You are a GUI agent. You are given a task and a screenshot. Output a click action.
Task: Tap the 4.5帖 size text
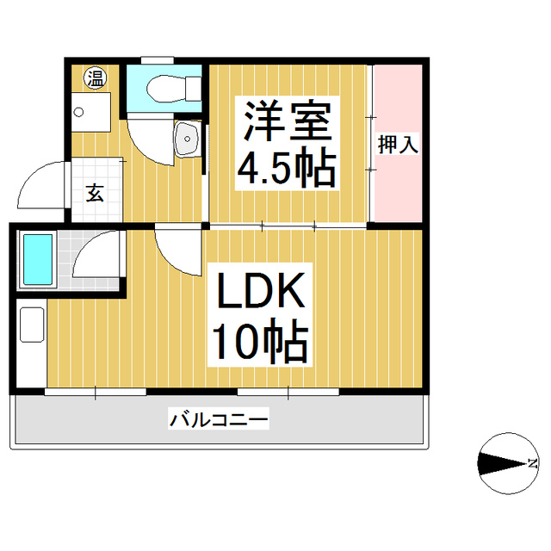click(287, 169)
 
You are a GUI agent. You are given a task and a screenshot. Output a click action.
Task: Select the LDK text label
click(261, 290)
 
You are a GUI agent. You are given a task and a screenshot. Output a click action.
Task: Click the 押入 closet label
click(398, 144)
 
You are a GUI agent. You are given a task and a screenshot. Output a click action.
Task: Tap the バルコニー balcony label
click(219, 419)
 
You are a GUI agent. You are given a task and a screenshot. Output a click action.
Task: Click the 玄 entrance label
click(96, 193)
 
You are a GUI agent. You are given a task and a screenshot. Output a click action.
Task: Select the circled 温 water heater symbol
click(96, 77)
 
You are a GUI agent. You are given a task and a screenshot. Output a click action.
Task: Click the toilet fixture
click(173, 89)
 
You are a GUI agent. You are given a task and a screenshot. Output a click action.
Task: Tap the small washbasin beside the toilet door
click(188, 139)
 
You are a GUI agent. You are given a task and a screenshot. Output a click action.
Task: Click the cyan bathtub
click(38, 259)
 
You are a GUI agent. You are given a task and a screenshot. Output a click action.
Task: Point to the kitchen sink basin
click(32, 325)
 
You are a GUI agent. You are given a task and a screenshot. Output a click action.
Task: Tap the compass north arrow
click(503, 463)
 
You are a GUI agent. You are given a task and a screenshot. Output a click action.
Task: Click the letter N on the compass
click(533, 463)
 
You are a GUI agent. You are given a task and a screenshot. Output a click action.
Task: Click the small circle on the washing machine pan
click(79, 113)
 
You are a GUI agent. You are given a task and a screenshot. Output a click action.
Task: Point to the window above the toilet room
click(158, 60)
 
